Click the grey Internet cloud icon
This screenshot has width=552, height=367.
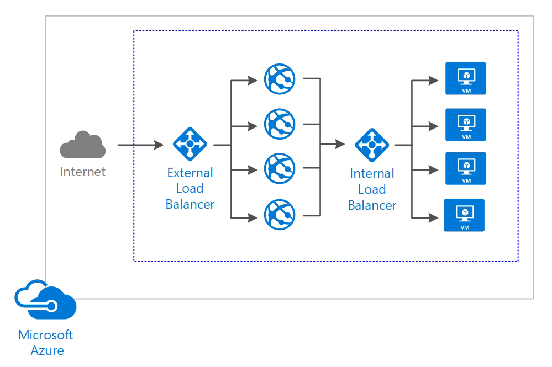point(83,145)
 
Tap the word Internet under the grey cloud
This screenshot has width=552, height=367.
point(83,172)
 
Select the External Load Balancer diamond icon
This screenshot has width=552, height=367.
point(190,144)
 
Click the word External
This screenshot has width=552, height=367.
point(190,173)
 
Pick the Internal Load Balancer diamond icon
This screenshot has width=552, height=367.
point(372,145)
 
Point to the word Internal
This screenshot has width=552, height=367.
point(372,173)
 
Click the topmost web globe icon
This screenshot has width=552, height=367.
point(280,79)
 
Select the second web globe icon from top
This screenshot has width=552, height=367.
point(280,124)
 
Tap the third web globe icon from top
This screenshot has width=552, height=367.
point(280,168)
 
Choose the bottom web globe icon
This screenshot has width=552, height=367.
point(280,215)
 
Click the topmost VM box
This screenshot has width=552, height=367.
point(466,78)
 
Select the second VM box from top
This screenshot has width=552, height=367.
point(466,124)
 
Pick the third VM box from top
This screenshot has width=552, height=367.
point(466,168)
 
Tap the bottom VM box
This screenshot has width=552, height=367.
point(464,215)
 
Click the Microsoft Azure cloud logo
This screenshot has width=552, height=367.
point(45,300)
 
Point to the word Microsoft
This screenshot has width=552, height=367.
point(45,335)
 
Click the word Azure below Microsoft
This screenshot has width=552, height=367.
point(47,350)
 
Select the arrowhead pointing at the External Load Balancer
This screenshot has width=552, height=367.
point(159,145)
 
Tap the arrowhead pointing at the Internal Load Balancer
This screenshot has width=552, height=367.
point(340,144)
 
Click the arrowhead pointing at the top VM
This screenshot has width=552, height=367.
point(433,81)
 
